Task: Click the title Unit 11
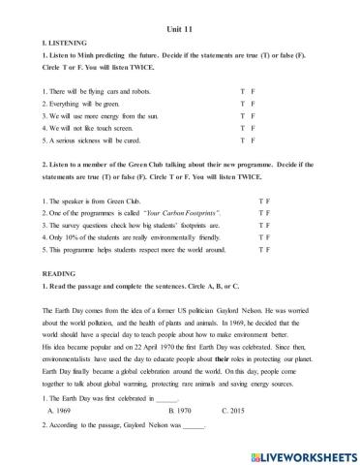pos(180,29)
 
